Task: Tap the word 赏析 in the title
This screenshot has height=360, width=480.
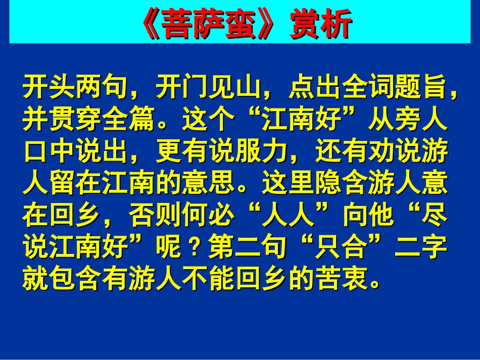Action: coord(319,24)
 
